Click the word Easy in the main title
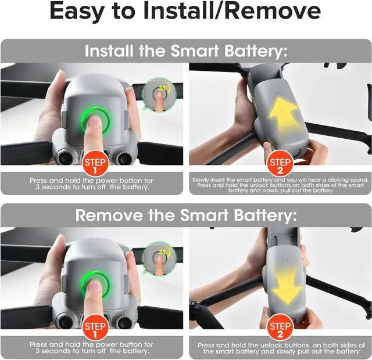tap(77, 12)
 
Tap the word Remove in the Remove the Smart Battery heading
tap(109, 215)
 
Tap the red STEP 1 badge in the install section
tap(95, 164)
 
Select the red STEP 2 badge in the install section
tap(280, 164)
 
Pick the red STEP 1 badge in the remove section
tap(95, 327)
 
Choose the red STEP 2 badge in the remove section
tap(280, 327)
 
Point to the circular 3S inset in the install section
tap(159, 95)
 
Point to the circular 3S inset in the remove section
tap(159, 259)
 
